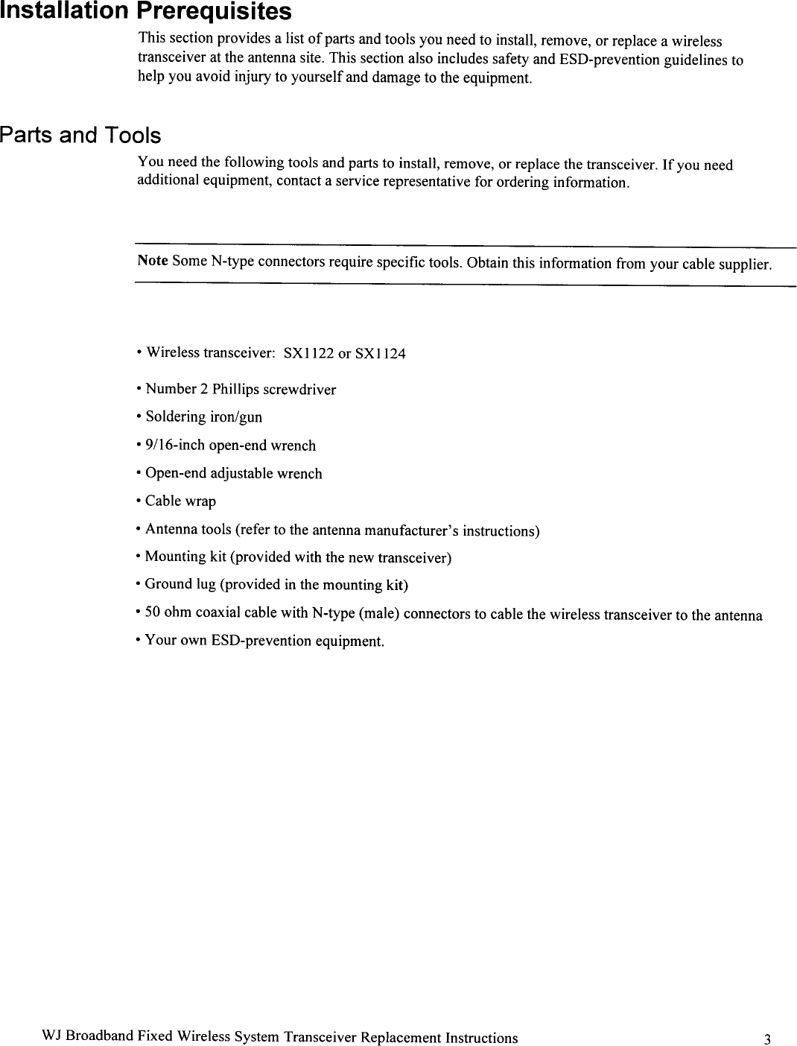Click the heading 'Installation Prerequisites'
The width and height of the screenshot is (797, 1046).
135,12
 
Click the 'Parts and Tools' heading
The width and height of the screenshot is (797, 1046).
80,136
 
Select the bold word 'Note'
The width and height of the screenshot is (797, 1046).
152,261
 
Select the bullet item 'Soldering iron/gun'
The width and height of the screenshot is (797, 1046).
203,417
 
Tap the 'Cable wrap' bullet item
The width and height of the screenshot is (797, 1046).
180,501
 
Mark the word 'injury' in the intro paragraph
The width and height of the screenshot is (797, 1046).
250,77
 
